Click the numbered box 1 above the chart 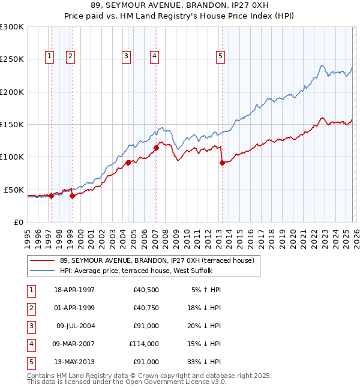(49, 56)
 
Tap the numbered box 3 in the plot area (127, 56)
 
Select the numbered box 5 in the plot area (221, 56)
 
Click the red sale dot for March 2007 (156, 148)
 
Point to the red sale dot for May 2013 (222, 163)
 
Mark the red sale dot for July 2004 (128, 163)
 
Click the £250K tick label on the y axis (11, 59)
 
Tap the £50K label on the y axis (13, 190)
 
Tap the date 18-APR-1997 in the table (74, 290)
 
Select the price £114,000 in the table (144, 344)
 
